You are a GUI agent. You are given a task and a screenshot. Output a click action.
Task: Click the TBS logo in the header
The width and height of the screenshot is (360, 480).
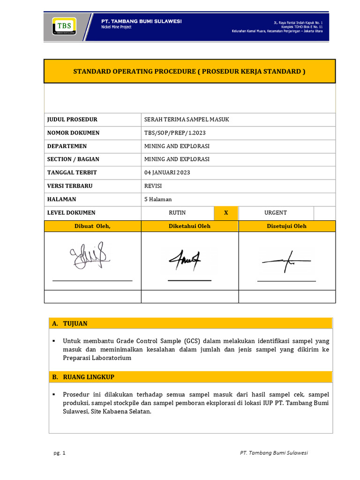(x=64, y=26)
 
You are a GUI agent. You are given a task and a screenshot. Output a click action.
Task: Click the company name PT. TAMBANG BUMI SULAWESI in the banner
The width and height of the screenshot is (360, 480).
(x=142, y=22)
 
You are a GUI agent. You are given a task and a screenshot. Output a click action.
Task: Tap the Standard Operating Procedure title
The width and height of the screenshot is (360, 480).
(x=189, y=71)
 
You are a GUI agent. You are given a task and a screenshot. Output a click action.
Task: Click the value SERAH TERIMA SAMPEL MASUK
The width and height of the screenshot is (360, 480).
(x=187, y=120)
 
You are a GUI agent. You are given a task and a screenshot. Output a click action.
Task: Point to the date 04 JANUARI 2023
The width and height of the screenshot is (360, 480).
(x=167, y=172)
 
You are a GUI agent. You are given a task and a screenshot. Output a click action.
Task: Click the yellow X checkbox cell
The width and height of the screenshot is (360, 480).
(x=226, y=213)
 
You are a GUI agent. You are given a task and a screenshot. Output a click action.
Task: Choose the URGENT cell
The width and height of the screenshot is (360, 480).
(x=276, y=213)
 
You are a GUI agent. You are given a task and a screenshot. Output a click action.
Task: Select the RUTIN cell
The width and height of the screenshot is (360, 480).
(x=177, y=213)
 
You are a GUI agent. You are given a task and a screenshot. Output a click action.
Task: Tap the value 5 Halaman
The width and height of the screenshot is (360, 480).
(x=159, y=199)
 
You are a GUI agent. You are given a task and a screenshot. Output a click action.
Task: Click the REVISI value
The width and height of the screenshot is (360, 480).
(x=153, y=186)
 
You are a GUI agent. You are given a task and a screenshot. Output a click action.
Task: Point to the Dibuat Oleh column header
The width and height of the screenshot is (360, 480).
(x=92, y=226)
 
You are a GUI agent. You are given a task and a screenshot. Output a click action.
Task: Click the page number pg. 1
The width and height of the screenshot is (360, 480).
(x=60, y=453)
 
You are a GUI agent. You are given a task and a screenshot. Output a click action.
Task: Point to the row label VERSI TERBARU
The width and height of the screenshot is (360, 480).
(x=70, y=186)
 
